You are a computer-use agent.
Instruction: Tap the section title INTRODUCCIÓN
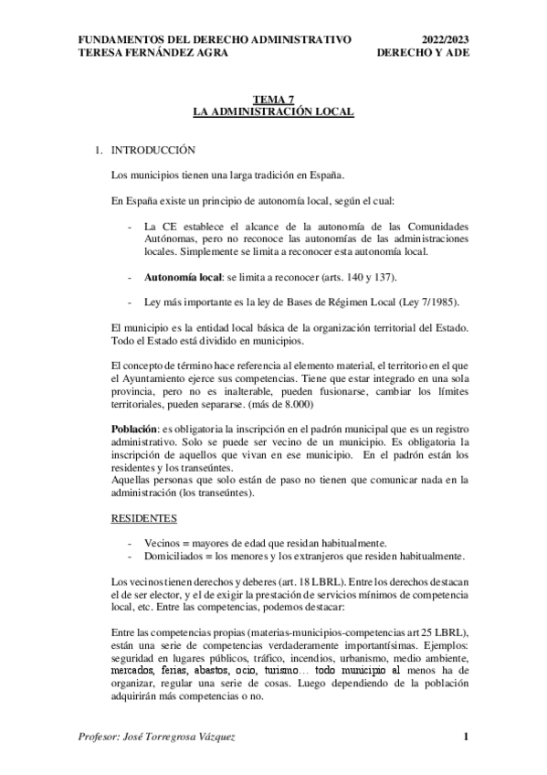153,148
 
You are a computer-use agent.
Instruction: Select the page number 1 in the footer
466,738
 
